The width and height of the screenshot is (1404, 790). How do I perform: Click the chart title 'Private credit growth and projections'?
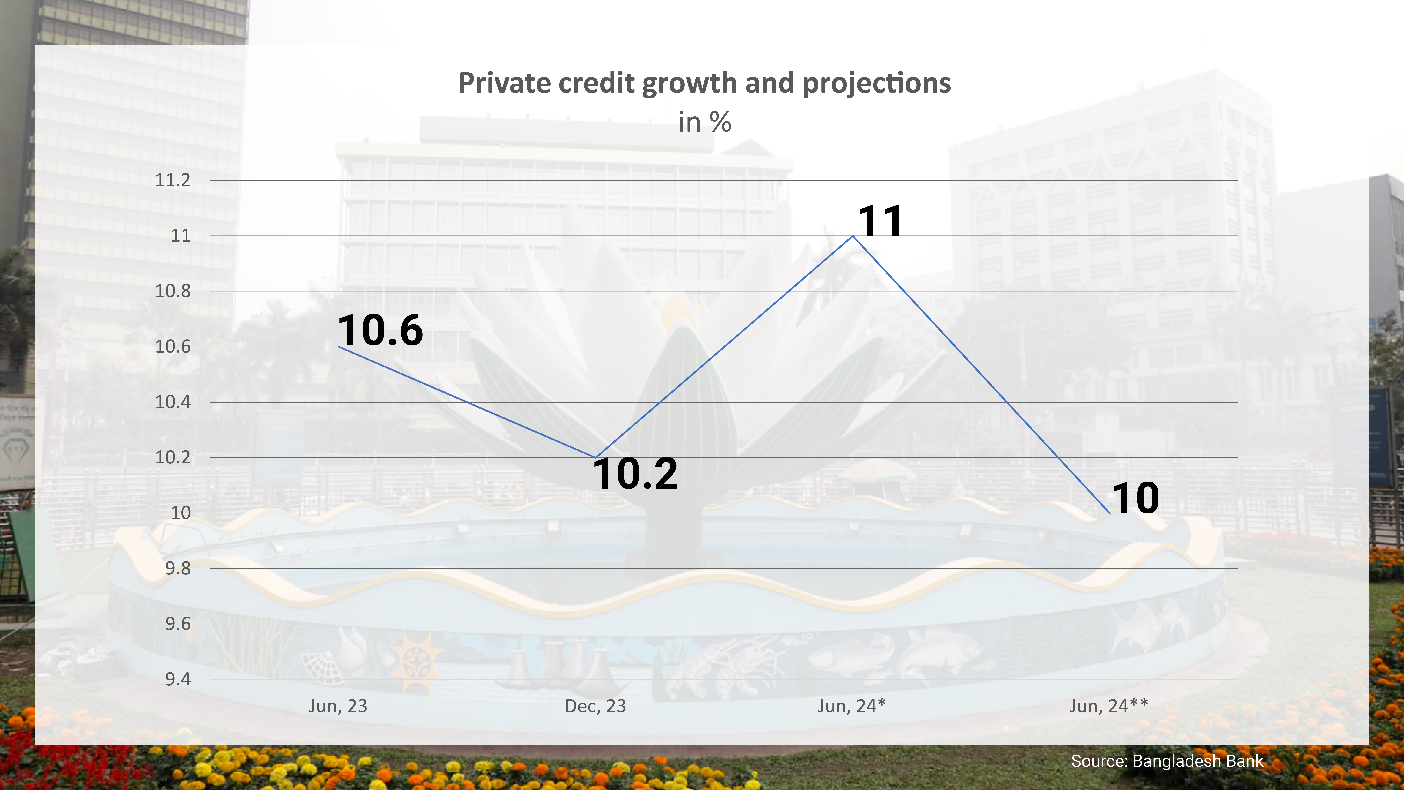point(704,83)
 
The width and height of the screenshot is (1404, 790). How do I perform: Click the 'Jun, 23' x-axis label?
point(338,706)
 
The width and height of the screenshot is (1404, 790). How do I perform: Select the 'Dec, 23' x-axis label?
point(595,706)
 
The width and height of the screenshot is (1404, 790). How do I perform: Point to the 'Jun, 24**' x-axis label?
point(1109,706)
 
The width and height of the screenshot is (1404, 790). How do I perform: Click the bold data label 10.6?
point(380,330)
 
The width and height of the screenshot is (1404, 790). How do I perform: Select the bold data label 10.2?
point(635,474)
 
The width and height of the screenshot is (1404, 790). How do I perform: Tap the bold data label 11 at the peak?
point(880,221)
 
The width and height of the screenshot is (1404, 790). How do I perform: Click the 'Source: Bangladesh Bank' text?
point(1167,761)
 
